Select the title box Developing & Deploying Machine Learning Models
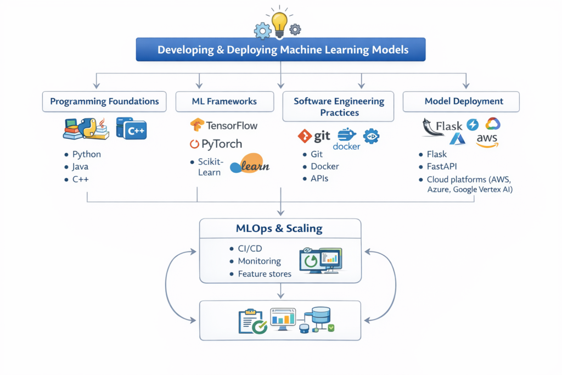pos(280,49)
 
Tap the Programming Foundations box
pos(104,102)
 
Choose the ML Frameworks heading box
pos(224,102)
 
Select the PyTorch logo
pos(216,144)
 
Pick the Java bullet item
pos(80,167)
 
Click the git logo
pos(314,136)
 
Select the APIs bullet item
pos(319,178)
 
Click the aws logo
pos(487,141)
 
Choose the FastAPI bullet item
pos(442,167)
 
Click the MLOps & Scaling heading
pos(280,228)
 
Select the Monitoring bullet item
pos(259,261)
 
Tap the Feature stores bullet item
pos(265,274)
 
